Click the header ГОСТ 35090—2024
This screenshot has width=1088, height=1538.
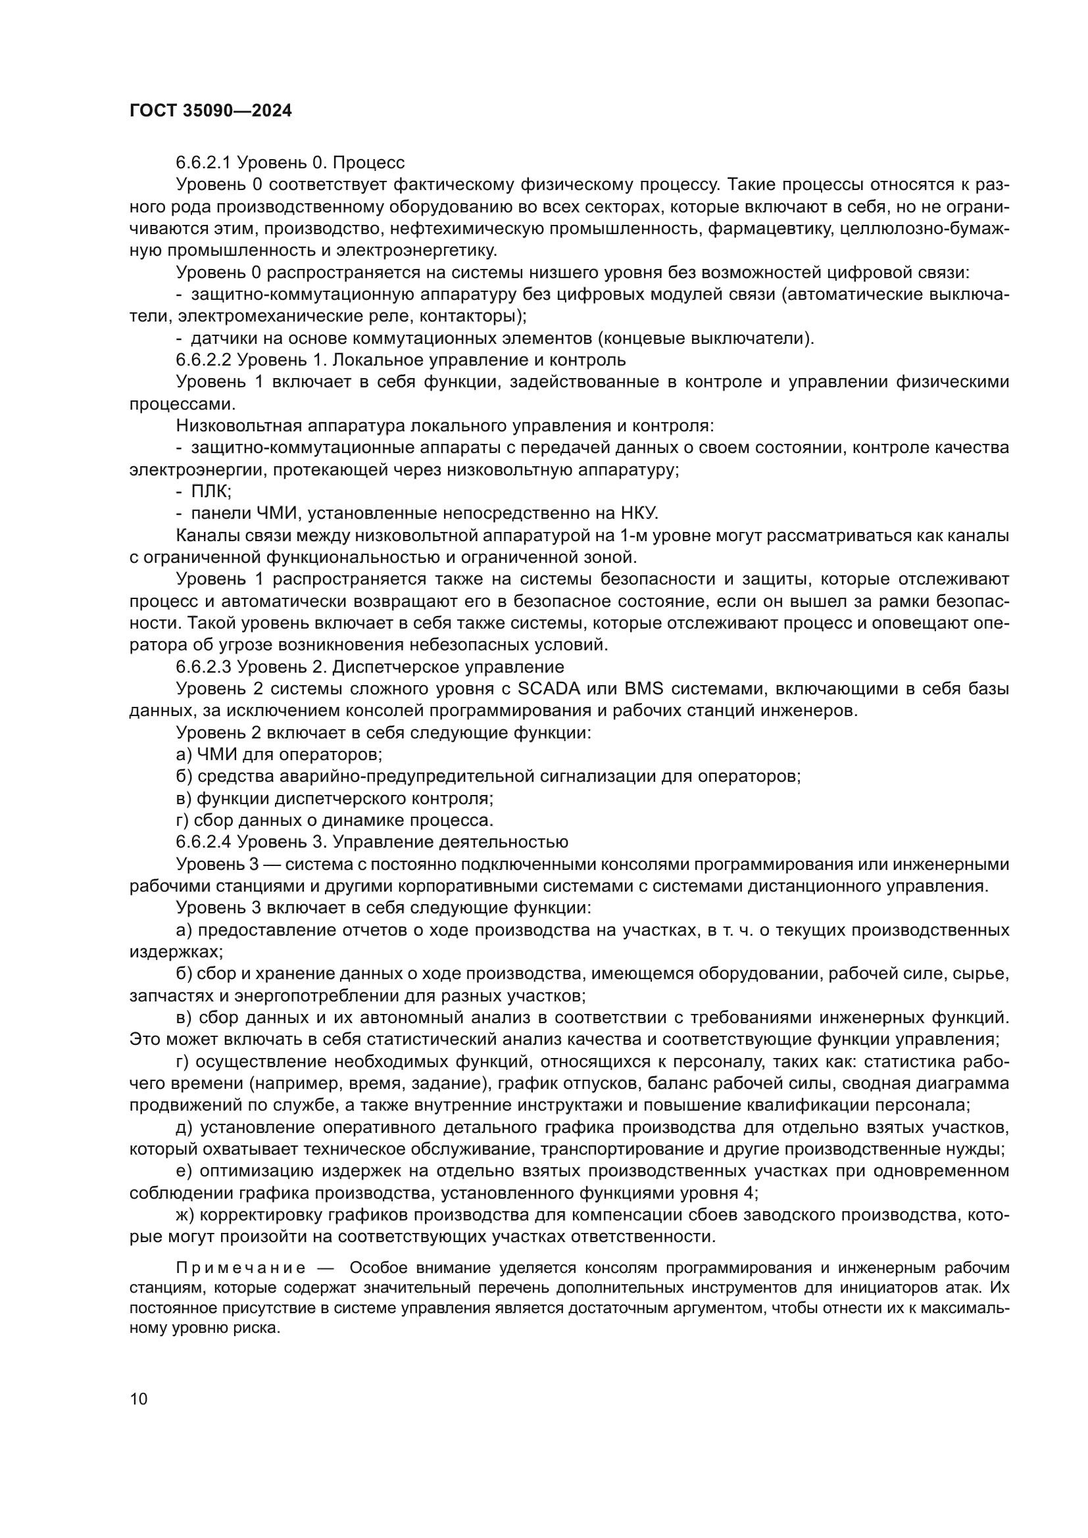click(210, 111)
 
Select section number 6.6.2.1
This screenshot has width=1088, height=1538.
click(204, 163)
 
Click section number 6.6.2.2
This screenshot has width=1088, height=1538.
click(204, 360)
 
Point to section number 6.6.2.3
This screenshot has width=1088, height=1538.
click(204, 667)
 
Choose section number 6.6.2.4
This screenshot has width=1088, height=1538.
click(204, 842)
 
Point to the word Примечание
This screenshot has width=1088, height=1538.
click(241, 1268)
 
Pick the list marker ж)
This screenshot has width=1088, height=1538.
click(185, 1215)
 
